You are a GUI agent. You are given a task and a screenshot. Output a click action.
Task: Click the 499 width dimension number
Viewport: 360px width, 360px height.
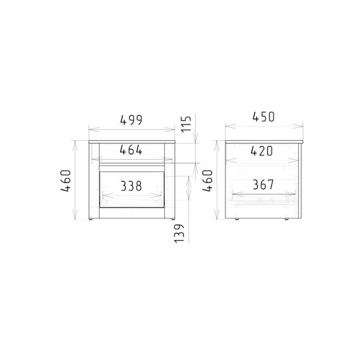tap(131, 120)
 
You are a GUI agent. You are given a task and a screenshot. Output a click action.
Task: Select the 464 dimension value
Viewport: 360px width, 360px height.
tap(131, 150)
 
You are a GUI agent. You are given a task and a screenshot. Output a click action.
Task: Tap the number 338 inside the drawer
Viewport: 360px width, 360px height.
tap(131, 186)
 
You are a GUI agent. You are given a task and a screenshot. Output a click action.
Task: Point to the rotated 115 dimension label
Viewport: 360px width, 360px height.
tap(186, 124)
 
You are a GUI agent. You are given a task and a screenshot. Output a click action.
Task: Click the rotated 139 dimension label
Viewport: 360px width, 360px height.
tap(179, 234)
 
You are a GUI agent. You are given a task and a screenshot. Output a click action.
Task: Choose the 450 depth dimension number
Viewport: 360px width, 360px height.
tap(263, 117)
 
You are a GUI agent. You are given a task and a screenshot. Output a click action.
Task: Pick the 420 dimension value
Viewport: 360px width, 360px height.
tap(261, 151)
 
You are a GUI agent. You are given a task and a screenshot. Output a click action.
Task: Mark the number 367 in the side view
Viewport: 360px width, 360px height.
tap(263, 184)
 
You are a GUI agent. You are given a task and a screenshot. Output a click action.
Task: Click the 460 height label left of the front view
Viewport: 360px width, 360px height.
tap(66, 181)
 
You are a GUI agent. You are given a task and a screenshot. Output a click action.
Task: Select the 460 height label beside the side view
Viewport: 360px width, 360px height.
tap(208, 181)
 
